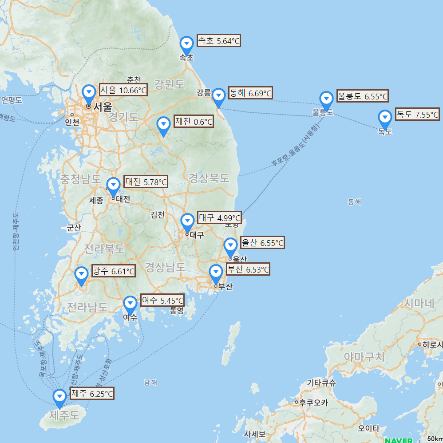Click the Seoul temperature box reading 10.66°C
point(123,91)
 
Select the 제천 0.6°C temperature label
point(194,122)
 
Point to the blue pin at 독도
point(385,118)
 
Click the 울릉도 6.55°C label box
point(362,96)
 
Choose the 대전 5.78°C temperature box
point(146,182)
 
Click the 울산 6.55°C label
point(262,243)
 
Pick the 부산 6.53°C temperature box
point(248,269)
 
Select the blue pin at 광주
point(81,275)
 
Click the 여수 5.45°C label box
point(162,300)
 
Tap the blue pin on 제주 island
point(59,397)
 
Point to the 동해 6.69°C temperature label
point(250,93)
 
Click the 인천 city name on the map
point(72,122)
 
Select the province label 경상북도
point(209,178)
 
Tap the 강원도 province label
point(169,84)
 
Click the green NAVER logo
point(398,440)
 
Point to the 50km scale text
point(435,439)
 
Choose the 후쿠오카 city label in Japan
point(313,403)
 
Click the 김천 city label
point(158,215)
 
